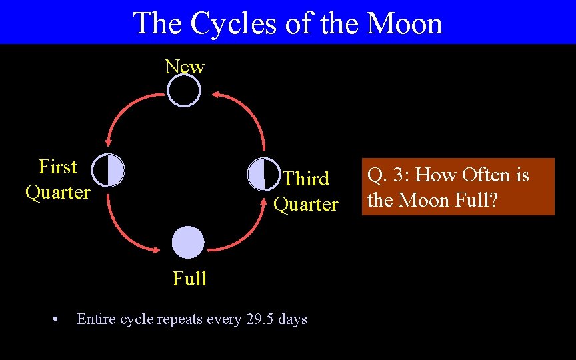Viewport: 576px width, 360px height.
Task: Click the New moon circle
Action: pos(183,91)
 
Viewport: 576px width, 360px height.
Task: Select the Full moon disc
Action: pos(188,243)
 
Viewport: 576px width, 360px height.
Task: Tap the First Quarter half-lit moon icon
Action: pos(108,170)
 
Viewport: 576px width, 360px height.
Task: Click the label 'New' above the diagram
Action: pos(185,67)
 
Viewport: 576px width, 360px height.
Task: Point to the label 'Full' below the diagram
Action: pos(189,279)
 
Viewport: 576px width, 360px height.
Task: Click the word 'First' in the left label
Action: pos(58,167)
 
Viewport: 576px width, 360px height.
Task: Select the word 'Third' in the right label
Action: pos(306,179)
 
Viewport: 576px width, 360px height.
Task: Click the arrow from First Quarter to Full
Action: pos(123,230)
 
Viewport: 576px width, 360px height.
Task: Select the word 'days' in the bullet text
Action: pos(293,319)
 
